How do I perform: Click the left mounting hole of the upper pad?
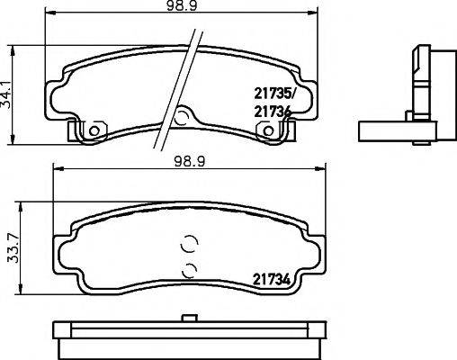(x=92, y=131)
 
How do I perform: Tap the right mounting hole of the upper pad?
(x=267, y=131)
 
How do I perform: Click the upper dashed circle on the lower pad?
(x=189, y=243)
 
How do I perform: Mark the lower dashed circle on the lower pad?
(x=189, y=269)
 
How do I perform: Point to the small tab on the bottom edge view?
(x=189, y=316)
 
